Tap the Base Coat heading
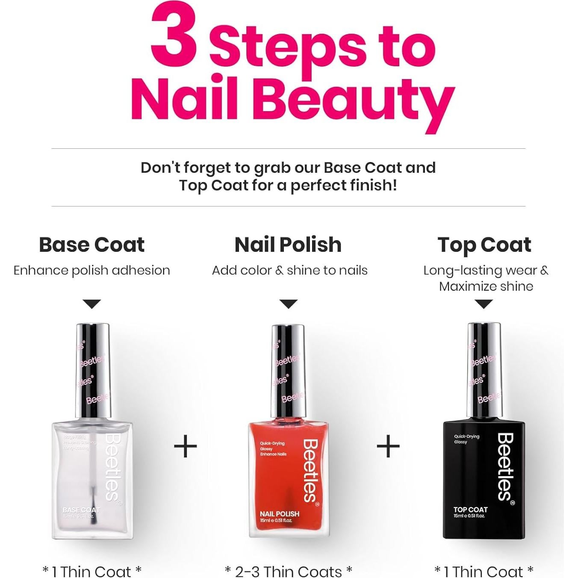point(91,245)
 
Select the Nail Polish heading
point(288,245)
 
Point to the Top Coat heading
point(484,245)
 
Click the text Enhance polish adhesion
point(91,271)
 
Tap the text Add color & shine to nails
point(289,271)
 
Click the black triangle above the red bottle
point(289,304)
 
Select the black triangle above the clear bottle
point(92,304)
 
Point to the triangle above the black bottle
point(484,304)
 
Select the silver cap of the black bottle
point(484,370)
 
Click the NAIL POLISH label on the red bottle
point(280,514)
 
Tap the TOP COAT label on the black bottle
point(470,510)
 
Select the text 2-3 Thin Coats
point(289,571)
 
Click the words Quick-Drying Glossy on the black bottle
point(466,439)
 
